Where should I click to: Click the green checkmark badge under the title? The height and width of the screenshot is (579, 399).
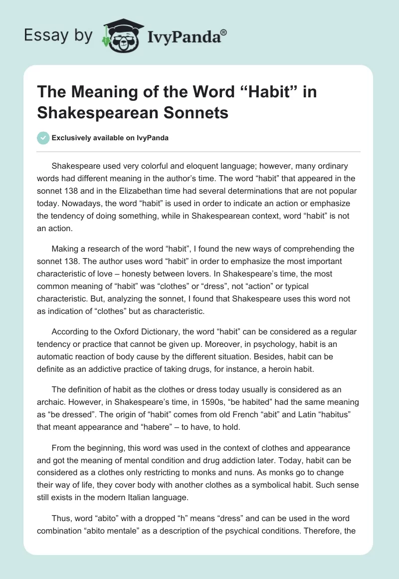[43, 138]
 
